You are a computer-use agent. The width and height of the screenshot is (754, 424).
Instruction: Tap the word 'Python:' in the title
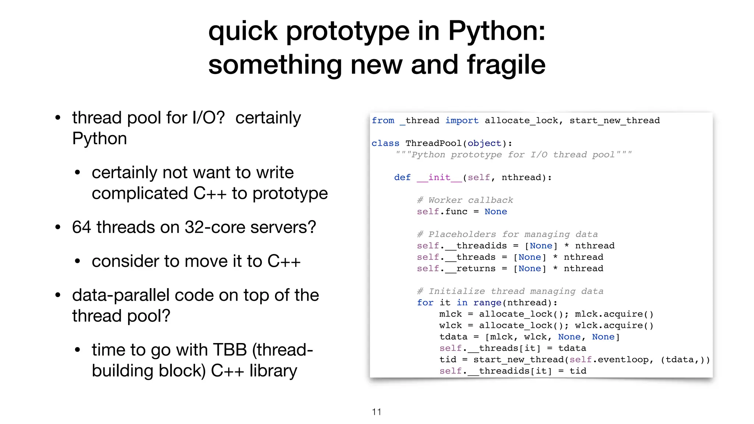coord(497,31)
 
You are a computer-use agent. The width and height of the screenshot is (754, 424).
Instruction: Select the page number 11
coord(377,412)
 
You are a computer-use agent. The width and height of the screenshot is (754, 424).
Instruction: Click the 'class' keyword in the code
coord(385,143)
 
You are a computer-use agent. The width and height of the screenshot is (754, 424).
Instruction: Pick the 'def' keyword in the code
coord(402,177)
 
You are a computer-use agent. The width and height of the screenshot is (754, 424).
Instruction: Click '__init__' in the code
coord(440,177)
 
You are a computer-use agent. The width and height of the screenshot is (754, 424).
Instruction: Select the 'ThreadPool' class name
coord(433,143)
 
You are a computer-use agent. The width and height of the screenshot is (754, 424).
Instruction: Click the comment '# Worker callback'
coord(465,200)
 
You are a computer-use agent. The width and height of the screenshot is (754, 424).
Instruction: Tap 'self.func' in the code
coord(442,212)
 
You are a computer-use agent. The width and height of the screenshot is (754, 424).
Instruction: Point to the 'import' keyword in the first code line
coord(462,120)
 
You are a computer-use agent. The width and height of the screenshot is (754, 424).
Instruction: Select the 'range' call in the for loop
coord(487,303)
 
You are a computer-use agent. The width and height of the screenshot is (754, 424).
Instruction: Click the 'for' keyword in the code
coord(425,303)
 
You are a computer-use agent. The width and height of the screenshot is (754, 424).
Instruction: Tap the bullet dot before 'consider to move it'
coord(77,261)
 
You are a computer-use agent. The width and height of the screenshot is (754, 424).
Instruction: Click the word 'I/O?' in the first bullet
coord(208,118)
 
